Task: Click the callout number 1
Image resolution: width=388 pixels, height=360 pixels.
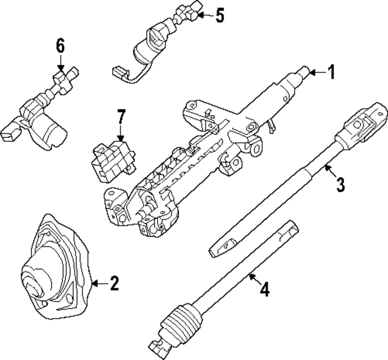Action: [330, 73]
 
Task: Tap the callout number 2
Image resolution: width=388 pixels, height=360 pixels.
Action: [113, 282]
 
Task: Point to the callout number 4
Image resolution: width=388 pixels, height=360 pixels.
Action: [264, 289]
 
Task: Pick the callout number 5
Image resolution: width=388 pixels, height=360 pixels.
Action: [219, 15]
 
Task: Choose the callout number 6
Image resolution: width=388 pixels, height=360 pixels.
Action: [60, 46]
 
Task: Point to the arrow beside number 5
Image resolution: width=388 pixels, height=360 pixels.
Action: [204, 15]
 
